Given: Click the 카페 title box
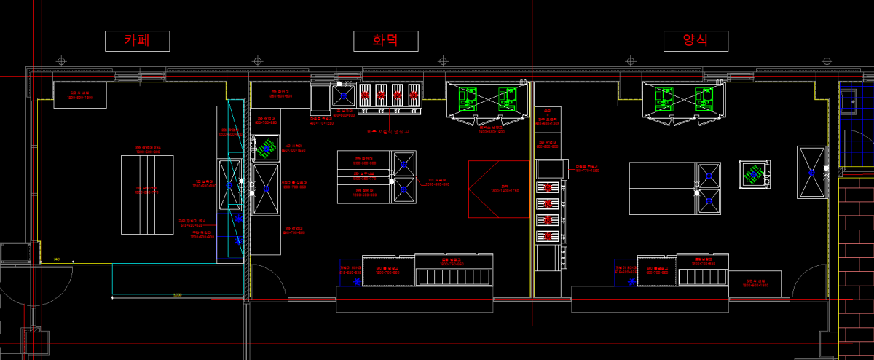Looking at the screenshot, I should point(137,41).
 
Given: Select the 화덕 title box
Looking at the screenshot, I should point(385,41).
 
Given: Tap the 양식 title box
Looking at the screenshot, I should point(696,41).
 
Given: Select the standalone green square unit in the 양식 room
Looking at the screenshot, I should point(755,174).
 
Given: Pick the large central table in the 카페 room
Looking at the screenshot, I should point(146,189).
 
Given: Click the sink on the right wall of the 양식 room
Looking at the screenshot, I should point(811,173).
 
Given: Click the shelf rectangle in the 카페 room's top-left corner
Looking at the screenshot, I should point(80,95).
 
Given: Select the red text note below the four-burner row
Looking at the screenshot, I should point(388,132).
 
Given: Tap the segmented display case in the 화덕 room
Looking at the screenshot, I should point(454,275).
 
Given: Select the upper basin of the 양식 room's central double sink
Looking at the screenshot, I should point(708,176).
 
